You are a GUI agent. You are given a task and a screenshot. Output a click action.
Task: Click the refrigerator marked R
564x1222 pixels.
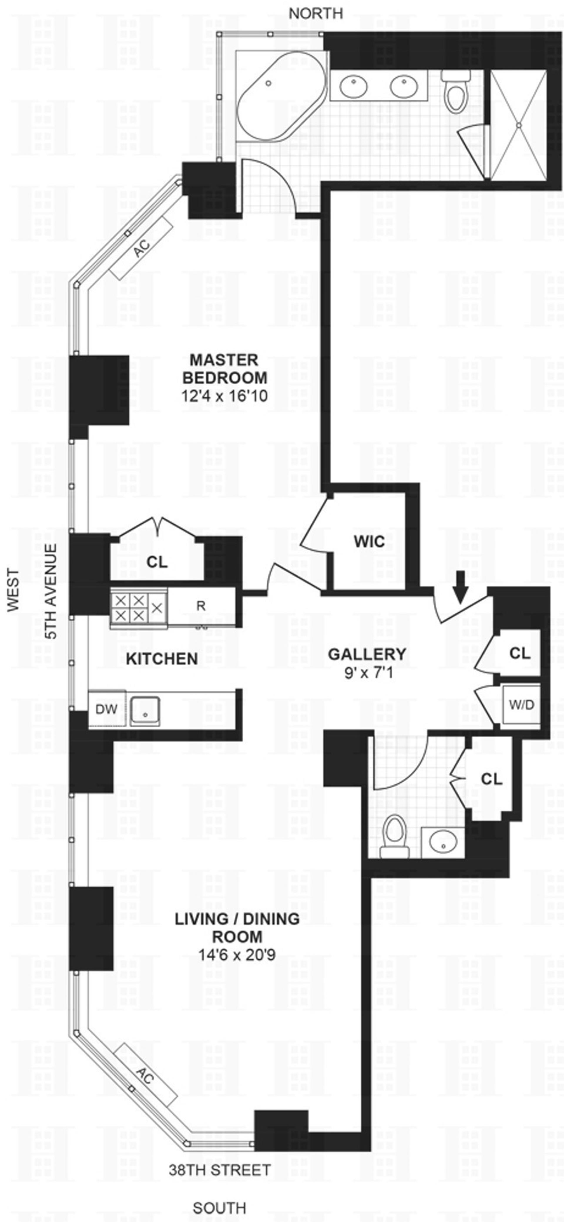[201, 606]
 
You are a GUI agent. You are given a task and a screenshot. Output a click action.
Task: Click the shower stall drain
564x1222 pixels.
[519, 125]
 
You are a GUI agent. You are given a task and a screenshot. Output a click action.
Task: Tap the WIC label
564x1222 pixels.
[369, 541]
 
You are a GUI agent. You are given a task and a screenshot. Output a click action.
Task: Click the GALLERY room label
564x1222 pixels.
[367, 654]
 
